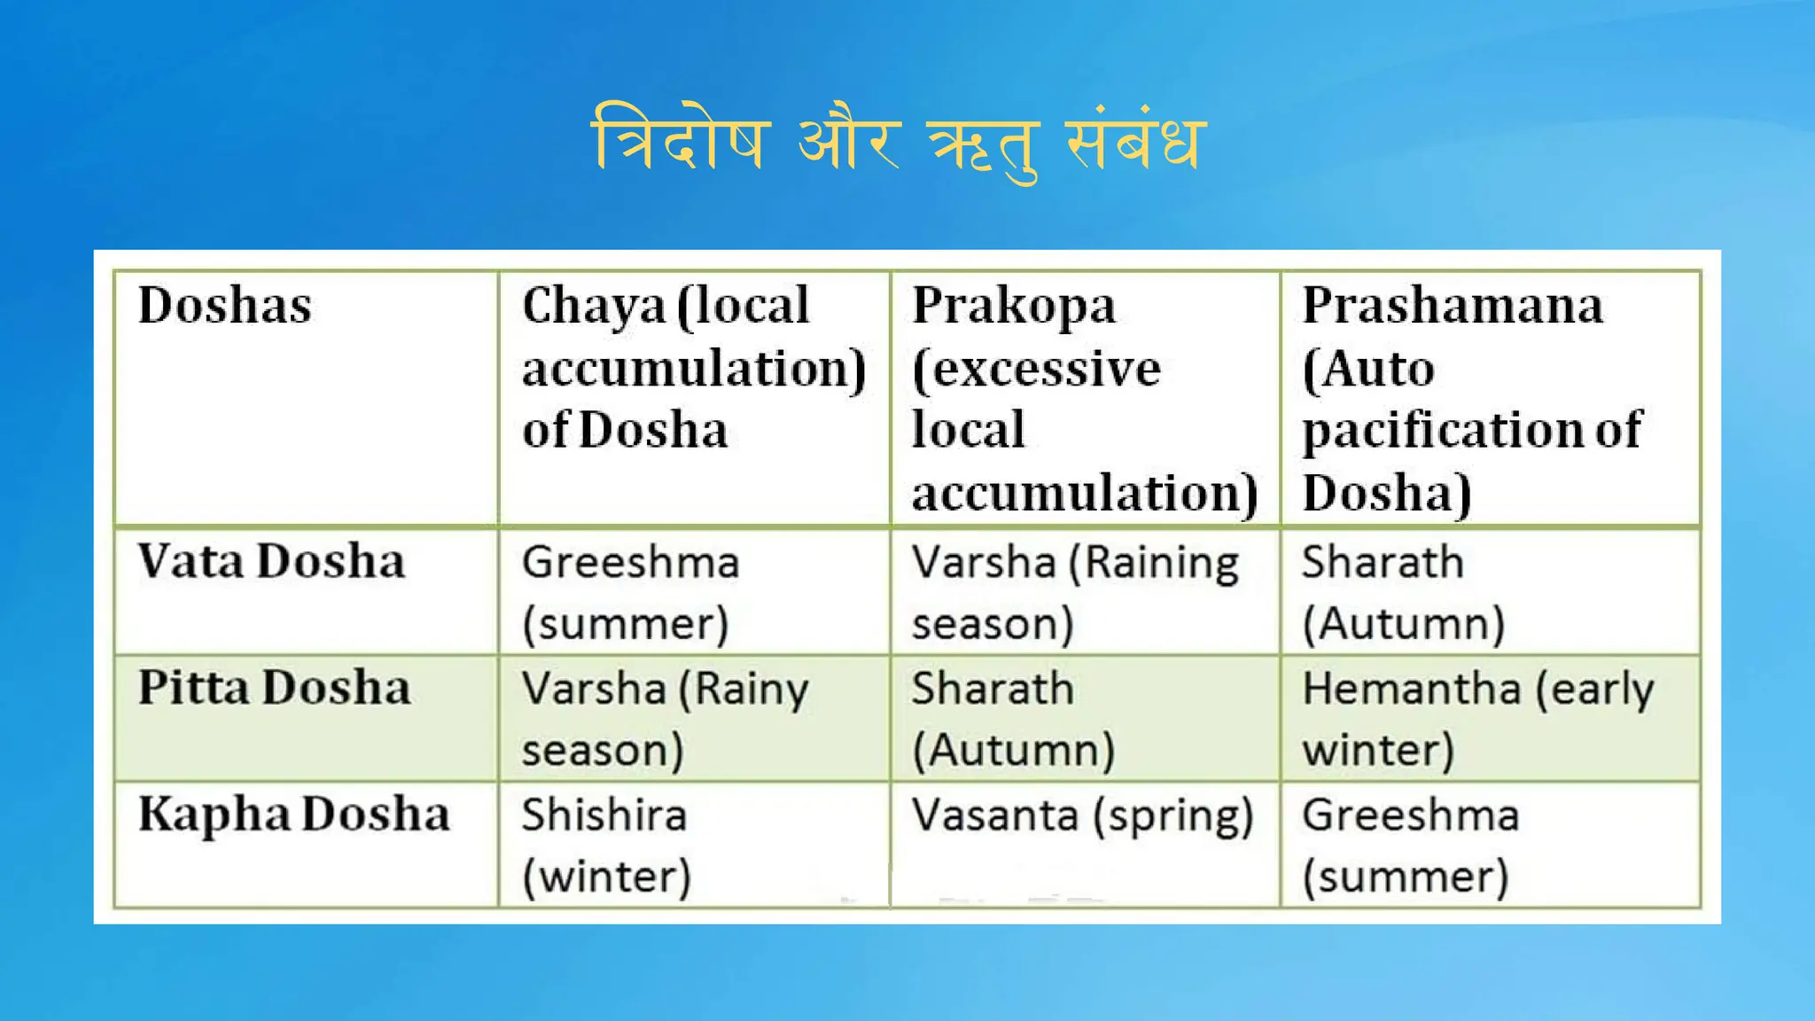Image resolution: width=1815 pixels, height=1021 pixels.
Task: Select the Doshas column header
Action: pyautogui.click(x=225, y=306)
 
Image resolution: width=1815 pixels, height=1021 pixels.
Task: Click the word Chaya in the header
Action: pyautogui.click(x=593, y=306)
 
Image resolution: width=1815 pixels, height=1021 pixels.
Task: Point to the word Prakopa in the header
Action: pyautogui.click(x=1014, y=306)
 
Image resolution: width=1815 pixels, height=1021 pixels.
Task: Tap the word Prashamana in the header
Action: pyautogui.click(x=1453, y=306)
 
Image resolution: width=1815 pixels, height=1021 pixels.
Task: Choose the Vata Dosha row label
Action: pyautogui.click(x=271, y=562)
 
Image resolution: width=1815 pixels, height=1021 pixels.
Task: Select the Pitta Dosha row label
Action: pyautogui.click(x=275, y=689)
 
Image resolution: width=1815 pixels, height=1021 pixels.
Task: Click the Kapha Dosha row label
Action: pyautogui.click(x=294, y=814)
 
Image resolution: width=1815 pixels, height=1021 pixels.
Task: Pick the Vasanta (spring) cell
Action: pyautogui.click(x=1083, y=815)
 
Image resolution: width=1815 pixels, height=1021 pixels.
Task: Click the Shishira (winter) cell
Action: pyautogui.click(x=605, y=845)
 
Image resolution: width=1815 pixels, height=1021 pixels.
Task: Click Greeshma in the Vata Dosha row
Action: pyautogui.click(x=630, y=563)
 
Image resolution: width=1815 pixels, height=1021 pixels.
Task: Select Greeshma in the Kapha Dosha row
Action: pyautogui.click(x=1410, y=815)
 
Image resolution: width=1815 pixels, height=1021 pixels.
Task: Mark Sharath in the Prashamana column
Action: pyautogui.click(x=1383, y=563)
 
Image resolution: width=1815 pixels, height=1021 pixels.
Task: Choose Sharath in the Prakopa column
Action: pyautogui.click(x=993, y=689)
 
